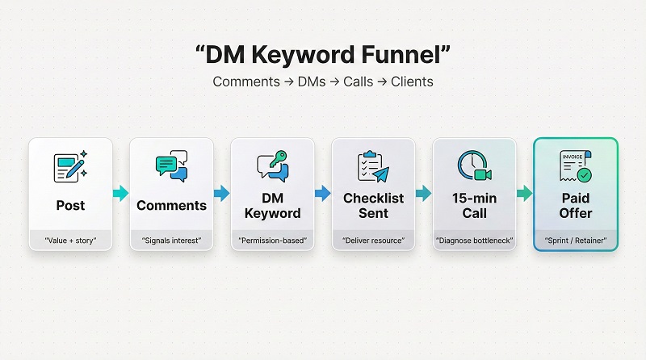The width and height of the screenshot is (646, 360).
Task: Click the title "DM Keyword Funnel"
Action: click(323, 55)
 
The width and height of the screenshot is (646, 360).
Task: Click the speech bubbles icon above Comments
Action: click(171, 166)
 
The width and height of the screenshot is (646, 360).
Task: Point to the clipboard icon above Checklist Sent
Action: click(372, 166)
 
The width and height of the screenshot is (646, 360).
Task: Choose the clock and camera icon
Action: click(473, 166)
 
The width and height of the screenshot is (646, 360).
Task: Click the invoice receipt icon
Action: click(574, 166)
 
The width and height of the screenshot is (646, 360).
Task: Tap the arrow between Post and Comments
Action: click(120, 193)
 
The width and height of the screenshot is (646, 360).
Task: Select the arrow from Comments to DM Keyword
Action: click(221, 193)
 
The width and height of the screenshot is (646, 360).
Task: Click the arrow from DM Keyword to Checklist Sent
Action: click(322, 193)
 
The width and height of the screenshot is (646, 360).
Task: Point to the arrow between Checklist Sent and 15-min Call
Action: click(423, 193)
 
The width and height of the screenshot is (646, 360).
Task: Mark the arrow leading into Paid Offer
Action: click(524, 193)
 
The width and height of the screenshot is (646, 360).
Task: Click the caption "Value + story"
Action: click(70, 240)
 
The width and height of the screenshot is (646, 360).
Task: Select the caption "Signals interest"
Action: click(171, 240)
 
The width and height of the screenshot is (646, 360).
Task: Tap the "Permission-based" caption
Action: click(272, 240)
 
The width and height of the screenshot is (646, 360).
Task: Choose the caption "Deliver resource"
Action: click(373, 240)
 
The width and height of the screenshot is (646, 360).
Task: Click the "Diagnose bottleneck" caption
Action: click(474, 240)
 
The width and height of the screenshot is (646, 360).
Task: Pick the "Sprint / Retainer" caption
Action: click(575, 240)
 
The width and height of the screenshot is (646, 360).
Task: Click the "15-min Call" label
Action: click(474, 205)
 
